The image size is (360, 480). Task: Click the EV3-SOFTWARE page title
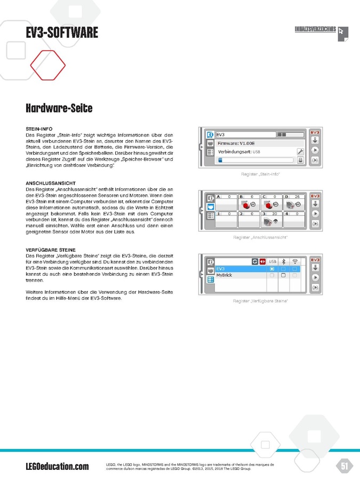pyautogui.click(x=62, y=33)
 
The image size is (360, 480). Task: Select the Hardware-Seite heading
pyautogui.click(x=59, y=108)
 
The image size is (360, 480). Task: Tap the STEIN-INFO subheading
pyautogui.click(x=39, y=129)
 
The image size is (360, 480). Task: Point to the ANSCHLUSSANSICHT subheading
pyautogui.click(x=50, y=183)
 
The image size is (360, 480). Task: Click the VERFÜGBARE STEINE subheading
pyautogui.click(x=51, y=250)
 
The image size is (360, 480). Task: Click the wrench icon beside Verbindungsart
pyautogui.click(x=300, y=152)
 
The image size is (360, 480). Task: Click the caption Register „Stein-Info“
pyautogui.click(x=260, y=174)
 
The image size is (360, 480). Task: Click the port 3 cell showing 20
pyautogui.click(x=271, y=218)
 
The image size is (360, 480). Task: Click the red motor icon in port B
pyautogui.click(x=246, y=204)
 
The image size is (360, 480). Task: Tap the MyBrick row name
pyautogui.click(x=224, y=276)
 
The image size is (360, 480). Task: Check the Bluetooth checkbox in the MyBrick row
pyautogui.click(x=284, y=276)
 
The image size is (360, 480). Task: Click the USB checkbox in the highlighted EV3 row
pyautogui.click(x=272, y=269)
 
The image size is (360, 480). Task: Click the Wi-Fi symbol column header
pyautogui.click(x=294, y=262)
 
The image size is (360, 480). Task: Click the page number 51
pyautogui.click(x=345, y=466)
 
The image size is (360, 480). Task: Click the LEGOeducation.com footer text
pyautogui.click(x=57, y=467)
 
